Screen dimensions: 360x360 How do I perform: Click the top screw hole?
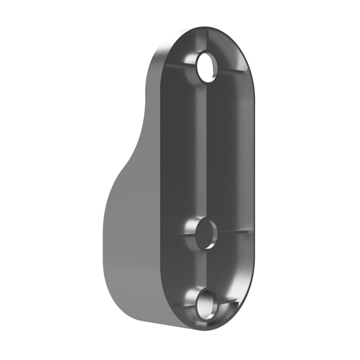208,68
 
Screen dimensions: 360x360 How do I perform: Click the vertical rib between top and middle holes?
206,150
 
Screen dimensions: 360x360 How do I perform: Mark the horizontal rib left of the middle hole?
177,235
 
